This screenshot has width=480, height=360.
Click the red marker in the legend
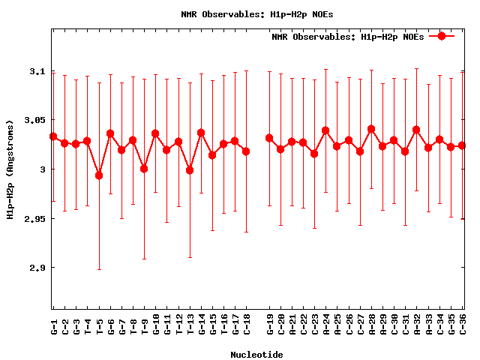442,36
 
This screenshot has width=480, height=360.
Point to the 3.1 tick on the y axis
36,71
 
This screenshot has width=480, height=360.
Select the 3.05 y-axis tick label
33,120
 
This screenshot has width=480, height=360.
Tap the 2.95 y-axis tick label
33,218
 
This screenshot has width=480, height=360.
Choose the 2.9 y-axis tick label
36,268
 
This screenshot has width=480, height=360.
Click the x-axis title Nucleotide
256,354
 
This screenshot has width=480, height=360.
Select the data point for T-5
99,175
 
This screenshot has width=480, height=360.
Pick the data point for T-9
144,169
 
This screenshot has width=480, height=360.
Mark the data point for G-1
53,136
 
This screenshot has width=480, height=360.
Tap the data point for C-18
246,151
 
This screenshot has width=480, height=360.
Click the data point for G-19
269,138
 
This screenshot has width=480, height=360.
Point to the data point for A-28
371,129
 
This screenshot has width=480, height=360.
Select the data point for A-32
416,130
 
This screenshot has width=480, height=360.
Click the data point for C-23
314,154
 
